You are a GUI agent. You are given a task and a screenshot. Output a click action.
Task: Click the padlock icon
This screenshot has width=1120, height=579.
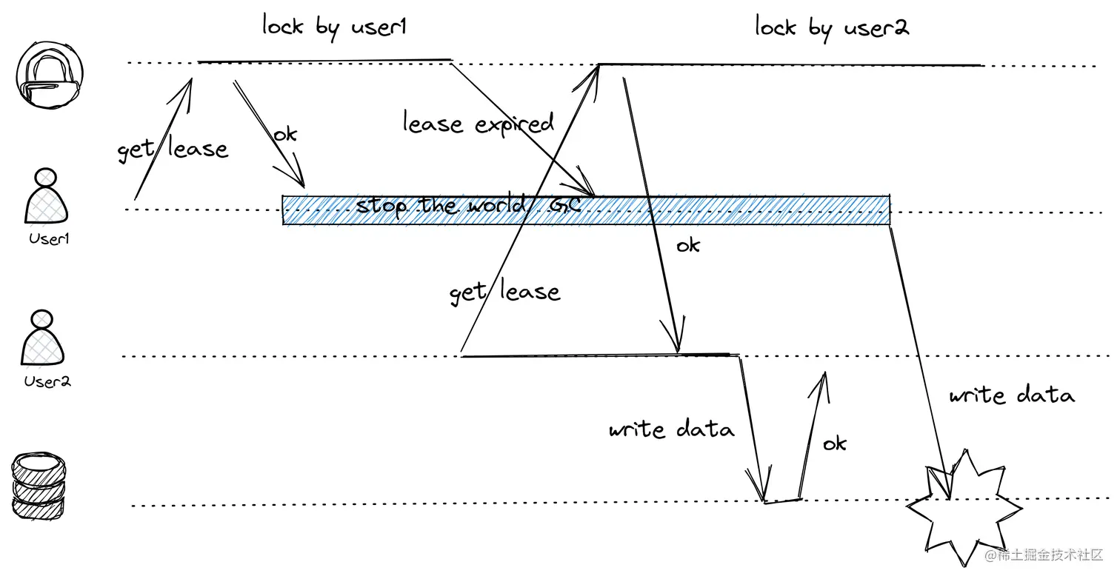[x=49, y=75]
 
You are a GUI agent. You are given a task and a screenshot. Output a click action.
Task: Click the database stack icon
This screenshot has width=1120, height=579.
[x=39, y=488]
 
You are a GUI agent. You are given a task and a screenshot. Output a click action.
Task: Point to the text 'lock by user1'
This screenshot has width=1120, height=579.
[x=334, y=27]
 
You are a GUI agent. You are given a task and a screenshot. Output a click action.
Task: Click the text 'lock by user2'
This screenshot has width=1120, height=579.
[x=831, y=28]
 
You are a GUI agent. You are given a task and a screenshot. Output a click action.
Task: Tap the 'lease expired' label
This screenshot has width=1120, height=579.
[x=478, y=123]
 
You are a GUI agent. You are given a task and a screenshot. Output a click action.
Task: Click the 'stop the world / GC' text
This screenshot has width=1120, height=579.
[x=467, y=204]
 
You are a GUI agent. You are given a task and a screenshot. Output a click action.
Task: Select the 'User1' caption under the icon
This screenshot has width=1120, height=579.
[x=49, y=239]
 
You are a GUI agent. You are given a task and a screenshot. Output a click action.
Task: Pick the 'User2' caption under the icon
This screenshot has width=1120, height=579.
[x=47, y=382]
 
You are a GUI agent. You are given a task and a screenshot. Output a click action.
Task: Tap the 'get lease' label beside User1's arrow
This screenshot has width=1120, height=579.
[x=173, y=150]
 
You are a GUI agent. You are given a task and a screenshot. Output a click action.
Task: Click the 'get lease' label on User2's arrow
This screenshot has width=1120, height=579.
[x=504, y=292]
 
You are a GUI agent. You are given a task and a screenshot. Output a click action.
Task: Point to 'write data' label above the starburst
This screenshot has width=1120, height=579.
[x=1011, y=395]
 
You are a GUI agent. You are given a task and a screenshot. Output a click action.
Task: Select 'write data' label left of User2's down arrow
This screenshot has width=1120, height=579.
[x=671, y=430]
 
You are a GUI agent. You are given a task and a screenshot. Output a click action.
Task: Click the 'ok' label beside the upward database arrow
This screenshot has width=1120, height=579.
[x=834, y=444]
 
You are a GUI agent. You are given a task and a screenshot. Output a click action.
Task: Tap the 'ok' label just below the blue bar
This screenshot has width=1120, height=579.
[x=687, y=245]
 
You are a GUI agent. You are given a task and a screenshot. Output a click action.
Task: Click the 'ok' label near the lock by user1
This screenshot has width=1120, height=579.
[x=284, y=134]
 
